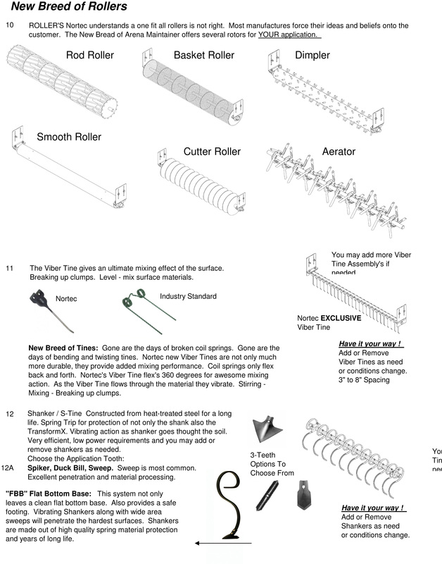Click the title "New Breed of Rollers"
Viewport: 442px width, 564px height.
pyautogui.click(x=69, y=7)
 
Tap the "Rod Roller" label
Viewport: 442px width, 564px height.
pyautogui.click(x=90, y=55)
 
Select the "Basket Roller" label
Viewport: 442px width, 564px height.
pyautogui.click(x=203, y=55)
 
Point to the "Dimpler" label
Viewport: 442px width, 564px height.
pyautogui.click(x=312, y=55)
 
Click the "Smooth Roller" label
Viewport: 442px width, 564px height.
pyautogui.click(x=69, y=137)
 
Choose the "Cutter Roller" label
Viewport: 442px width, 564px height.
pyautogui.click(x=212, y=152)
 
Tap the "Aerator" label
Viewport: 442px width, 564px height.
pyautogui.click(x=339, y=152)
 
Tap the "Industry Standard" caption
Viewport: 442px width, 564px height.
pyautogui.click(x=188, y=296)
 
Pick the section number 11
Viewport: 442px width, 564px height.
pyautogui.click(x=10, y=269)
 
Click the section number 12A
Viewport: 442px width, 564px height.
pyautogui.click(x=8, y=467)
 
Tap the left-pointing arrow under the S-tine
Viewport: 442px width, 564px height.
pyautogui.click(x=215, y=543)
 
